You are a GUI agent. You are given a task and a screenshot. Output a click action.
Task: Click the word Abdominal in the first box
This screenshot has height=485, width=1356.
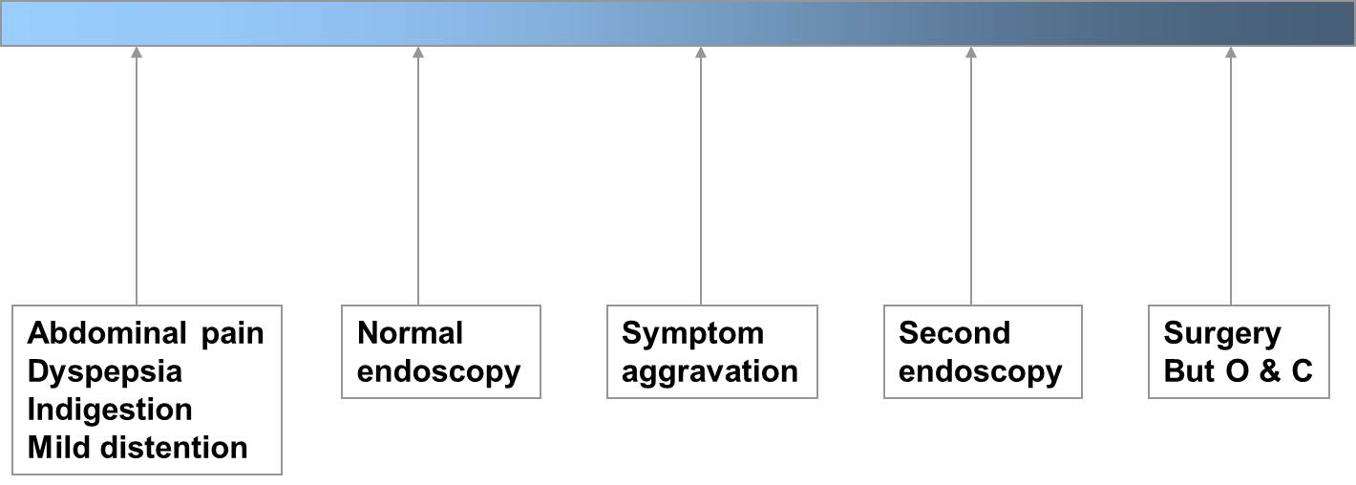pos(107,333)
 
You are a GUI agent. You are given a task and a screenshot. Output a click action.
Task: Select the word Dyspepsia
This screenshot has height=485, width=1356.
pos(105,372)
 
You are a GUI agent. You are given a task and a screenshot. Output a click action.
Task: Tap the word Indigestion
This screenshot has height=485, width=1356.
pos(110,411)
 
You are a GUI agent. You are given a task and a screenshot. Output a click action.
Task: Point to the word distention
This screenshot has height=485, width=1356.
pos(174,448)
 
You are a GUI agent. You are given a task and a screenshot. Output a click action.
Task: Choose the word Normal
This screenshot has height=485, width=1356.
pos(411,333)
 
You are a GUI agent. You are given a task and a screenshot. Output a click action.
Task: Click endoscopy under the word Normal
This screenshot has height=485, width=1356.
pos(439,372)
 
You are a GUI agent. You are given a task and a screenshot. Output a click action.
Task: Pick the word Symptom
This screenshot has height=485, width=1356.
pos(693,334)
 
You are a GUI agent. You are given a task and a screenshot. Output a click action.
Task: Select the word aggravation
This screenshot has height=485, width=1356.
pos(710,372)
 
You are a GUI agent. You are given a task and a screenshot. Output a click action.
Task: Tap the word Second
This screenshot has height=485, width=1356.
pos(955,333)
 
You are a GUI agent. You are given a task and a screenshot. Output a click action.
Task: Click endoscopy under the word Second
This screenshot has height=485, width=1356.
pos(981,372)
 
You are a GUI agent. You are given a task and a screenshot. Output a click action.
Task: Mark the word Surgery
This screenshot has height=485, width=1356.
pos(1222,334)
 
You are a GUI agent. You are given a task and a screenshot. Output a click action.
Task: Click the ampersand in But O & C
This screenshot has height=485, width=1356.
pos(1271,371)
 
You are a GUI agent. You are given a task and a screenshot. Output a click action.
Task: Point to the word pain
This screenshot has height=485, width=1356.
pos(232,334)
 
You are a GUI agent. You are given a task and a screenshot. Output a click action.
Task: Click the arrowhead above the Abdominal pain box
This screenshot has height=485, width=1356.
pos(137,53)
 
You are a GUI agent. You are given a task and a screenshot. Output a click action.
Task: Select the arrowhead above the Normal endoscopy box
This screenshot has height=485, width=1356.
pos(418,53)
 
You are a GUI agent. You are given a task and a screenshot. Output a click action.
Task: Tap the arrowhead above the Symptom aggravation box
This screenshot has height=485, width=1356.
pos(701,53)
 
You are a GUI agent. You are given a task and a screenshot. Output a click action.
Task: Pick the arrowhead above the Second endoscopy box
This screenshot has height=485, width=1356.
pos(971,53)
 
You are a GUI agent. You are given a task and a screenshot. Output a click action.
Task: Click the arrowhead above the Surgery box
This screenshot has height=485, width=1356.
pos(1231,53)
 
